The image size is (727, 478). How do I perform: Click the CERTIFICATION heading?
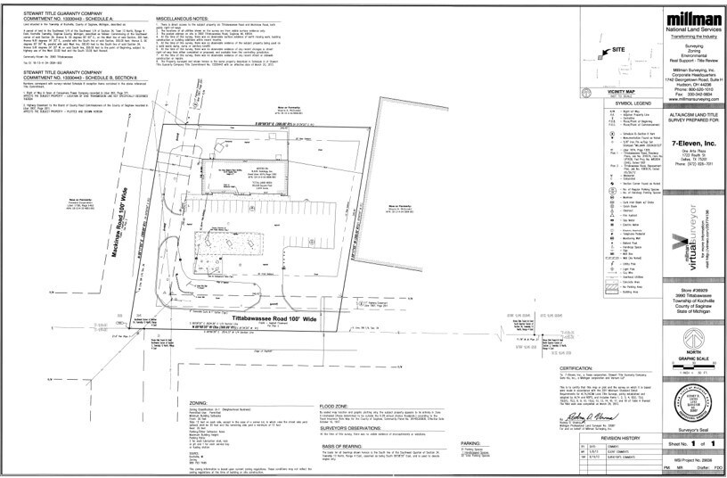576,367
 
